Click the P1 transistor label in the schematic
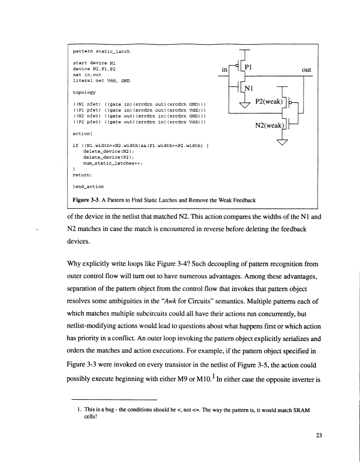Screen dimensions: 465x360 pyautogui.click(x=249, y=68)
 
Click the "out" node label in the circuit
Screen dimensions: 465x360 pyautogui.click(x=305, y=69)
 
